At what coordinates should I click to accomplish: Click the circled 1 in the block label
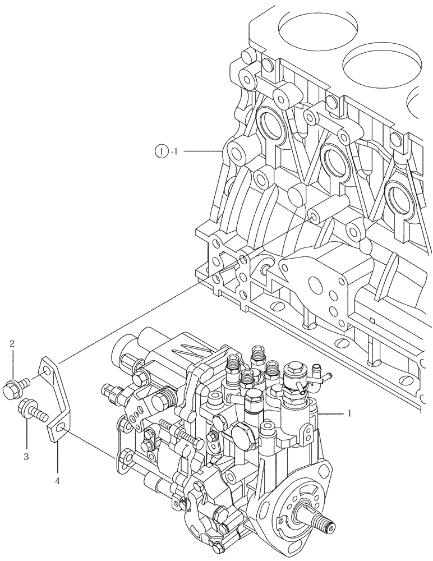coord(162,151)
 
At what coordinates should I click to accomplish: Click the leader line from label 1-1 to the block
coord(202,151)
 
